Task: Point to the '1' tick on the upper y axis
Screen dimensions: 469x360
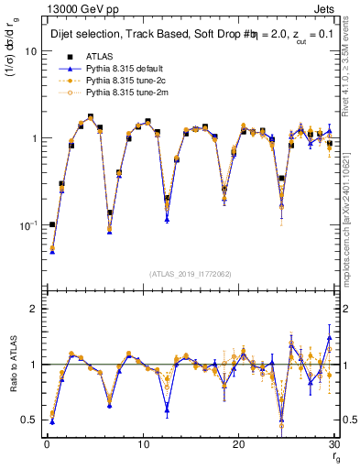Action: (34, 138)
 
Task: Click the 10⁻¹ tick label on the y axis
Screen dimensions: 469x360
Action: (28, 224)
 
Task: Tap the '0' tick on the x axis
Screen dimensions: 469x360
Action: (46, 444)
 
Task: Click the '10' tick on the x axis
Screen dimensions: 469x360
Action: (142, 444)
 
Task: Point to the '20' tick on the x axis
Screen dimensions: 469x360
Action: (238, 444)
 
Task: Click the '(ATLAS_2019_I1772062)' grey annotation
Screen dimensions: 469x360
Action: (191, 274)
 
